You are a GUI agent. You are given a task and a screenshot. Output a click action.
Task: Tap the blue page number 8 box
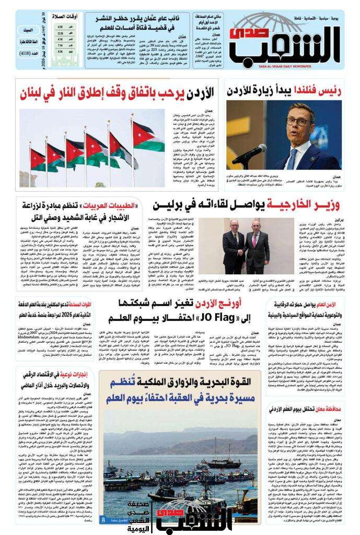pyautogui.click(x=103, y=519)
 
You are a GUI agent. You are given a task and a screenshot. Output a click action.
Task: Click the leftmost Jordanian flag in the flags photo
pyautogui.click(x=38, y=157)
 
